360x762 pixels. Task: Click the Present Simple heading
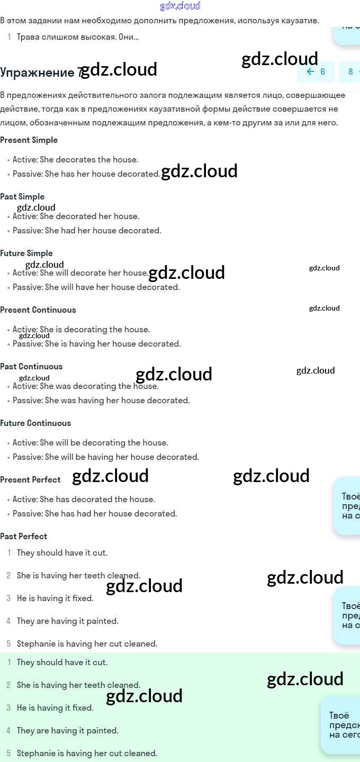[x=29, y=140]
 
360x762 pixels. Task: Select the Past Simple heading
[x=22, y=197]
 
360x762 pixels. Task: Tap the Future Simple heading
[x=26, y=253]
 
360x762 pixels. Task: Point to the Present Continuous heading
[x=38, y=310]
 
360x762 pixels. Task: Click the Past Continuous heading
[x=31, y=367]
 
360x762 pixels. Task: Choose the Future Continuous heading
[x=35, y=423]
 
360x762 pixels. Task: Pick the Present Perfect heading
[x=31, y=480]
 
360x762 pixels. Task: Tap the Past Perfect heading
[x=24, y=537]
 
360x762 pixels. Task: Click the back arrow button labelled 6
[x=316, y=72]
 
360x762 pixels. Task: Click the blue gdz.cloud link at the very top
[x=180, y=6]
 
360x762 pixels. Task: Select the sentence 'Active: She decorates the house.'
[x=75, y=160]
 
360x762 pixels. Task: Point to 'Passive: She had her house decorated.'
[x=87, y=231]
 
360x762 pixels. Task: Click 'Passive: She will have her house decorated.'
[x=96, y=287]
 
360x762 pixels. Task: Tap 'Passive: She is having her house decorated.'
[x=96, y=344]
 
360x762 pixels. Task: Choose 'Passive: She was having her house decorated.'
[x=101, y=401]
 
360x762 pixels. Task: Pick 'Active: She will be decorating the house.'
[x=90, y=443]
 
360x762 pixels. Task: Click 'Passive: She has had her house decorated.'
[x=95, y=514]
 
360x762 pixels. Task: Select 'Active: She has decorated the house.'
[x=84, y=500]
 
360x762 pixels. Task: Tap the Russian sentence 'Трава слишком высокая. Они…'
[x=78, y=37]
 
